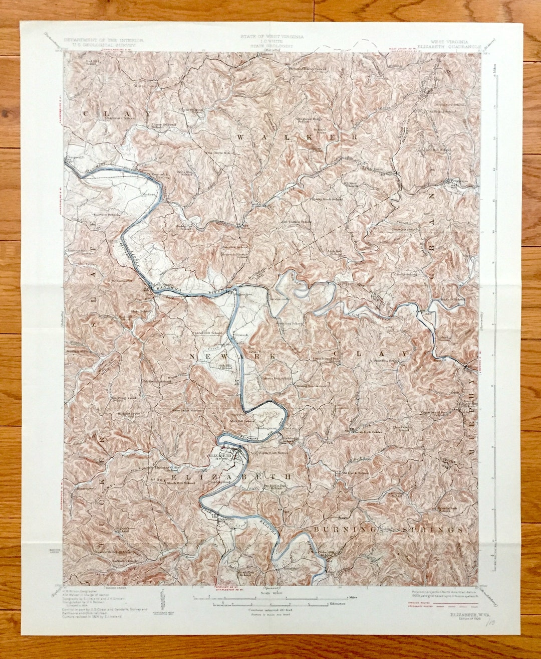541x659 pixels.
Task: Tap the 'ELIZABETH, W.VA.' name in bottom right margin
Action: pos(463,613)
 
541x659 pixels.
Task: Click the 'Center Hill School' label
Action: pos(209,333)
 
